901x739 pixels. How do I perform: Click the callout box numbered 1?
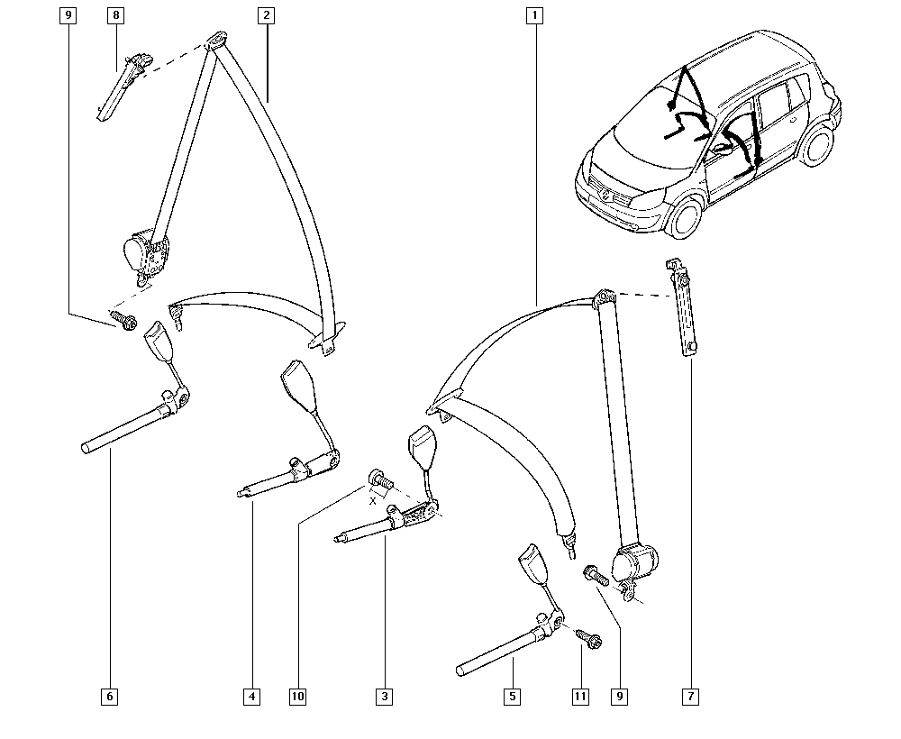[534, 15]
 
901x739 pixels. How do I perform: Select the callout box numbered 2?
[266, 15]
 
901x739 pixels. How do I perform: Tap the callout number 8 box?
[115, 15]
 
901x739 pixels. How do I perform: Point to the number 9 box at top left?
[68, 15]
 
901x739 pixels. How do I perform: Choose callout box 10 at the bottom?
[297, 697]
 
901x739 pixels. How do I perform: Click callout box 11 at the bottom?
[580, 697]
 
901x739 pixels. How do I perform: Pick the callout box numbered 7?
[690, 697]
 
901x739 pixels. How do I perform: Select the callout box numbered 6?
[109, 697]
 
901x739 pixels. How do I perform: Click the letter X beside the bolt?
[373, 501]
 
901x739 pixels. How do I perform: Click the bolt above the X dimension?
[378, 479]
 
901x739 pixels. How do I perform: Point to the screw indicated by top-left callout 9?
[123, 319]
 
